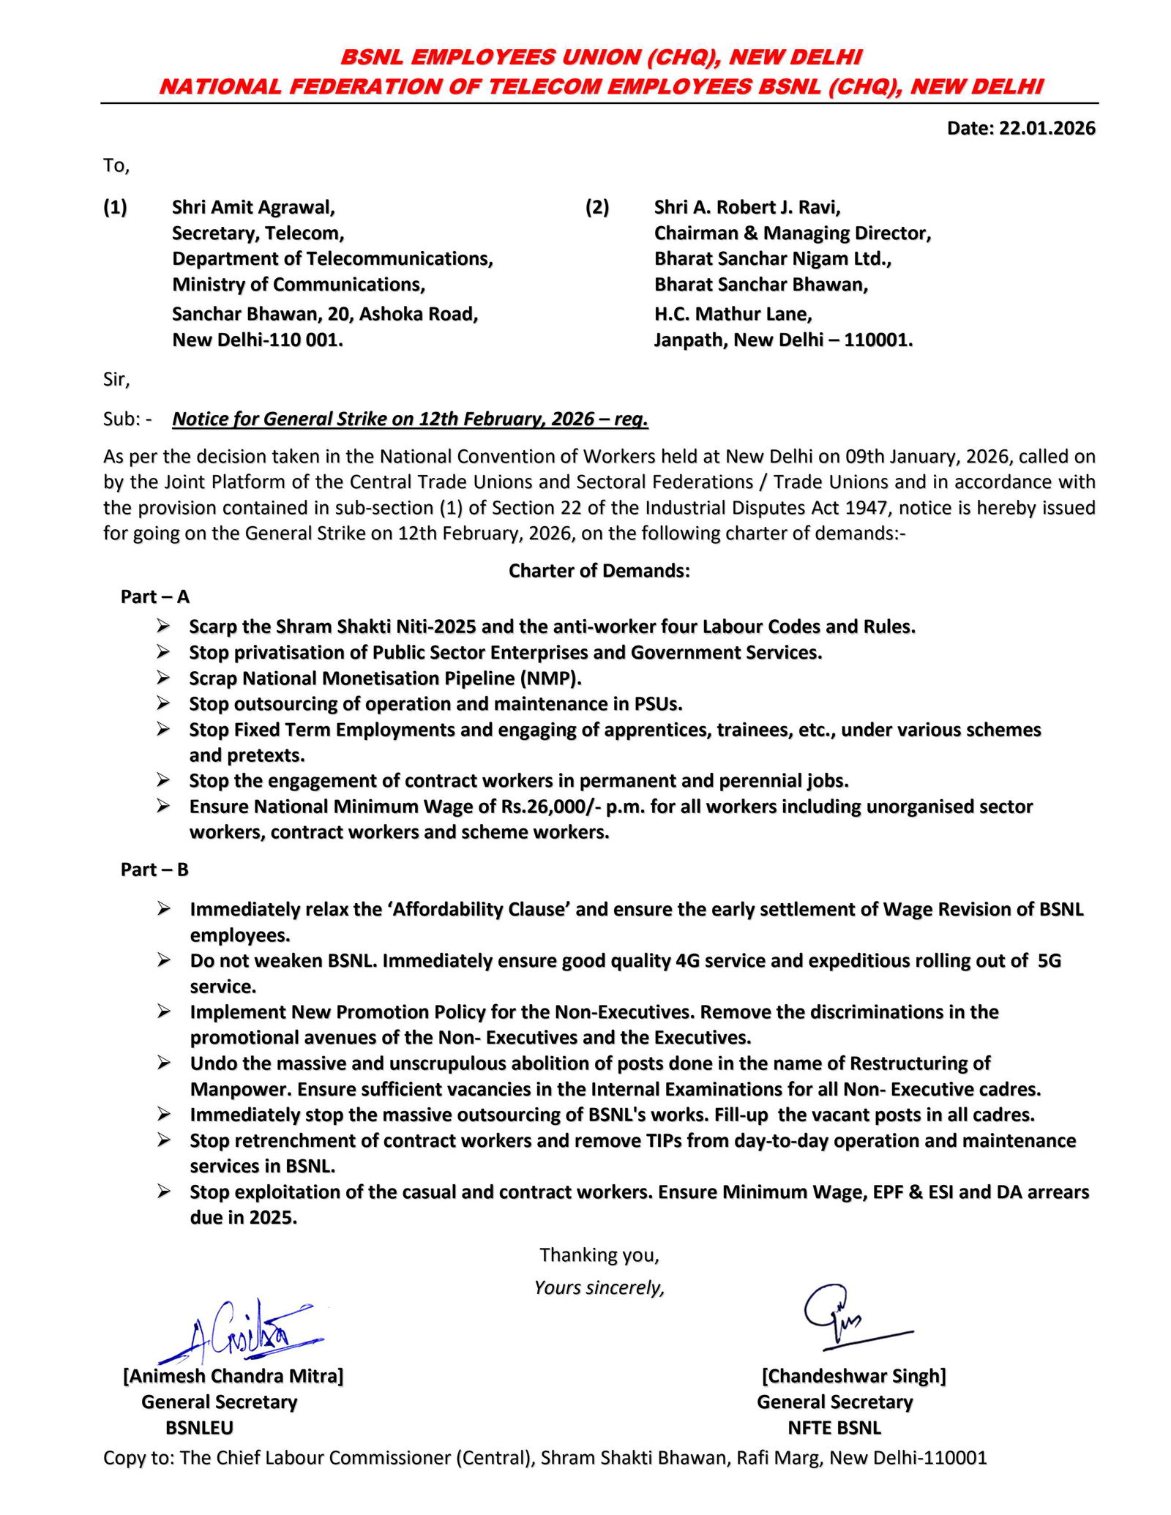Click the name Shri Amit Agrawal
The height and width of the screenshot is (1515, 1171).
point(253,207)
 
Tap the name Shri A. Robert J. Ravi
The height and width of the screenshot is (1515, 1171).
point(747,207)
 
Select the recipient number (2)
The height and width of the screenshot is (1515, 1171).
point(596,207)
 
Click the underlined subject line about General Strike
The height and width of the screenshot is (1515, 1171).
point(410,419)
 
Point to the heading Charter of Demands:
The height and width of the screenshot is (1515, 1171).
point(599,570)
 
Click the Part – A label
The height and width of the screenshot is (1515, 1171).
point(155,596)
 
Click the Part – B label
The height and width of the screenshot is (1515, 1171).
point(155,869)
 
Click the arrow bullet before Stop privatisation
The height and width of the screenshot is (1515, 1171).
point(163,651)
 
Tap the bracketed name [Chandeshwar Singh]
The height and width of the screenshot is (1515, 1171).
point(853,1376)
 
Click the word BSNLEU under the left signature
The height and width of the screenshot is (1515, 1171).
point(199,1428)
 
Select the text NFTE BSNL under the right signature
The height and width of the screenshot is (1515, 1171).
point(834,1428)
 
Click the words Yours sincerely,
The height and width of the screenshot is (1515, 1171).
point(599,1287)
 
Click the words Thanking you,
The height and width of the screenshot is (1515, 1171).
point(599,1255)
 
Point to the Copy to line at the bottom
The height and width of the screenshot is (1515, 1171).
point(545,1457)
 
